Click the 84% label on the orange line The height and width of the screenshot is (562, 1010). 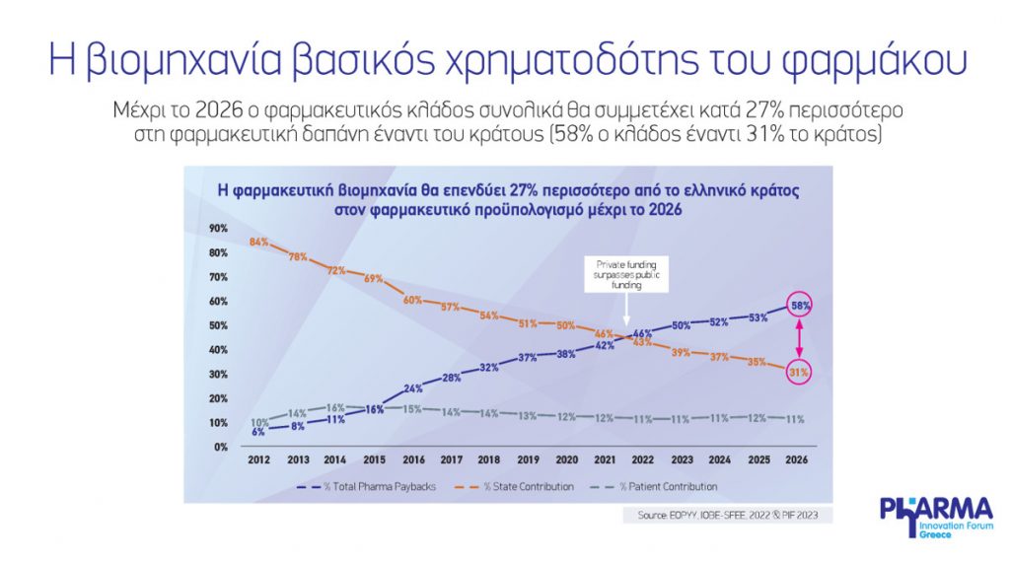coord(259,243)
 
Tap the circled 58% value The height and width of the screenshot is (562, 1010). coord(801,307)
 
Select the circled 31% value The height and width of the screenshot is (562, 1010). coord(799,373)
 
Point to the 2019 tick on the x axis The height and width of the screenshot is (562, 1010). coord(528,458)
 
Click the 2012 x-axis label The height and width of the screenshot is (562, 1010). coord(259,458)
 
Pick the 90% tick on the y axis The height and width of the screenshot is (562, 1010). coord(219,228)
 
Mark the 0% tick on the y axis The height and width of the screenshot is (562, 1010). coord(221,447)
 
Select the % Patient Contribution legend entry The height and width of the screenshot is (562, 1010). coord(670,486)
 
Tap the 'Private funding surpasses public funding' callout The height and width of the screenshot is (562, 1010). coord(628,275)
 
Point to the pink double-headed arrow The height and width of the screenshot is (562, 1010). coord(801,340)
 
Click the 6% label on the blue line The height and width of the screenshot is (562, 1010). coord(259,432)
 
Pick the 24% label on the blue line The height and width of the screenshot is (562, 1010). coord(412,387)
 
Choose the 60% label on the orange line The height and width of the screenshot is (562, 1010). coord(412,300)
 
